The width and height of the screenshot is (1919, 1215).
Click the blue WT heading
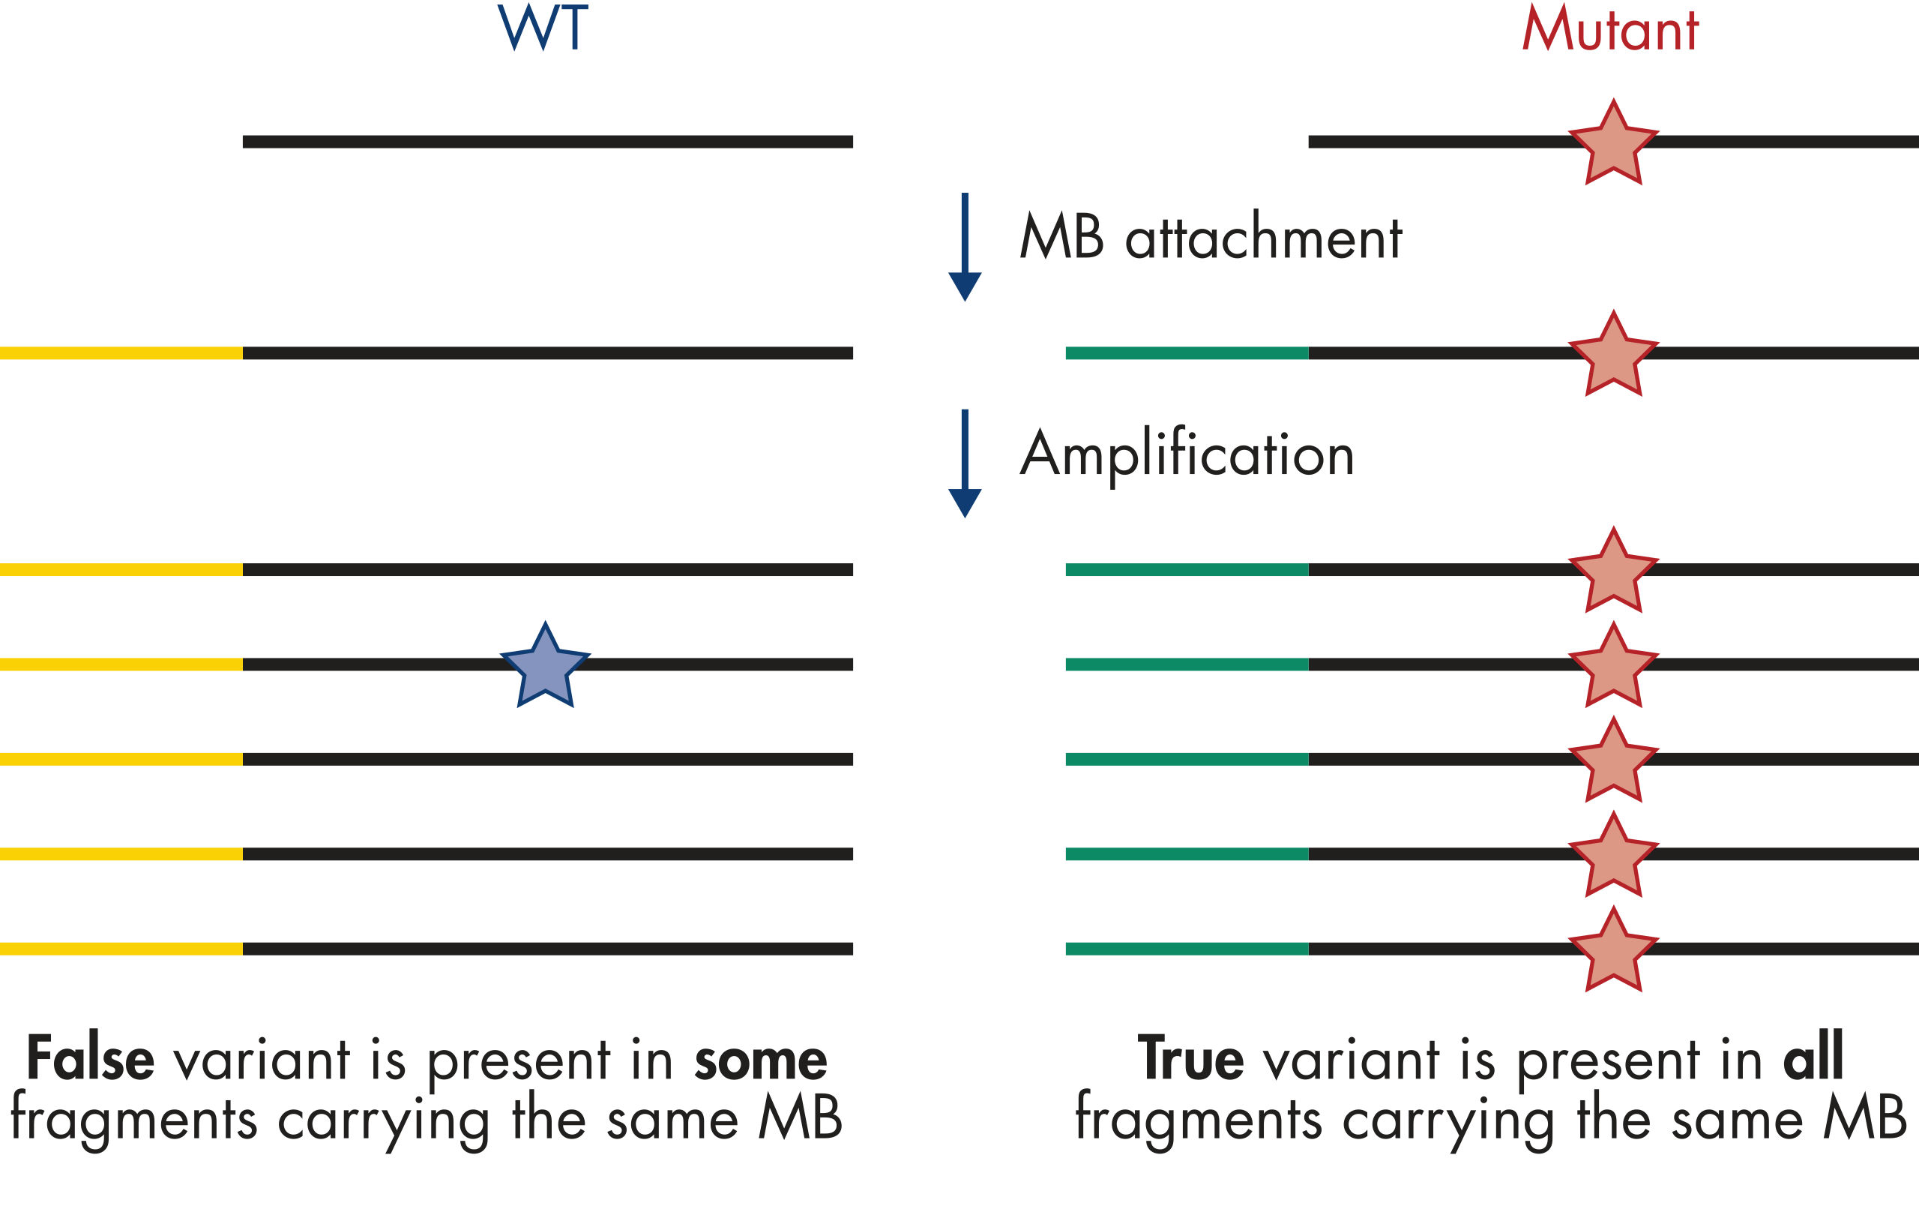point(543,28)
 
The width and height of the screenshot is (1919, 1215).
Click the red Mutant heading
point(1610,29)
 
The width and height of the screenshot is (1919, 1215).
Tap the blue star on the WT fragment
point(545,666)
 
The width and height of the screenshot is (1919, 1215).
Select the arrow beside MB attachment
point(964,247)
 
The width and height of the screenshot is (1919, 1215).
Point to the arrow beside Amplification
point(964,464)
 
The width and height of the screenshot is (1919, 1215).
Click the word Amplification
point(1187,454)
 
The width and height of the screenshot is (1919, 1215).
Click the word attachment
point(1263,238)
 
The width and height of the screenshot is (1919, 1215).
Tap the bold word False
point(90,1059)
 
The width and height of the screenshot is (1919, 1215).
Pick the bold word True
point(1190,1059)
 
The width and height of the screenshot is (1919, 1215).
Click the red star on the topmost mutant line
point(1614,143)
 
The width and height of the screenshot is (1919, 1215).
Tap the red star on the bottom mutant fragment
point(1614,950)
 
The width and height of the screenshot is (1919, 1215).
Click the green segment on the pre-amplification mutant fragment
point(1187,353)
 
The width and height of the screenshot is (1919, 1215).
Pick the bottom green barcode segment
point(1187,949)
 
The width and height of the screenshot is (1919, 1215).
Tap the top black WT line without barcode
point(547,142)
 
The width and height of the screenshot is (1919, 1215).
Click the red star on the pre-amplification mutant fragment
point(1614,355)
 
